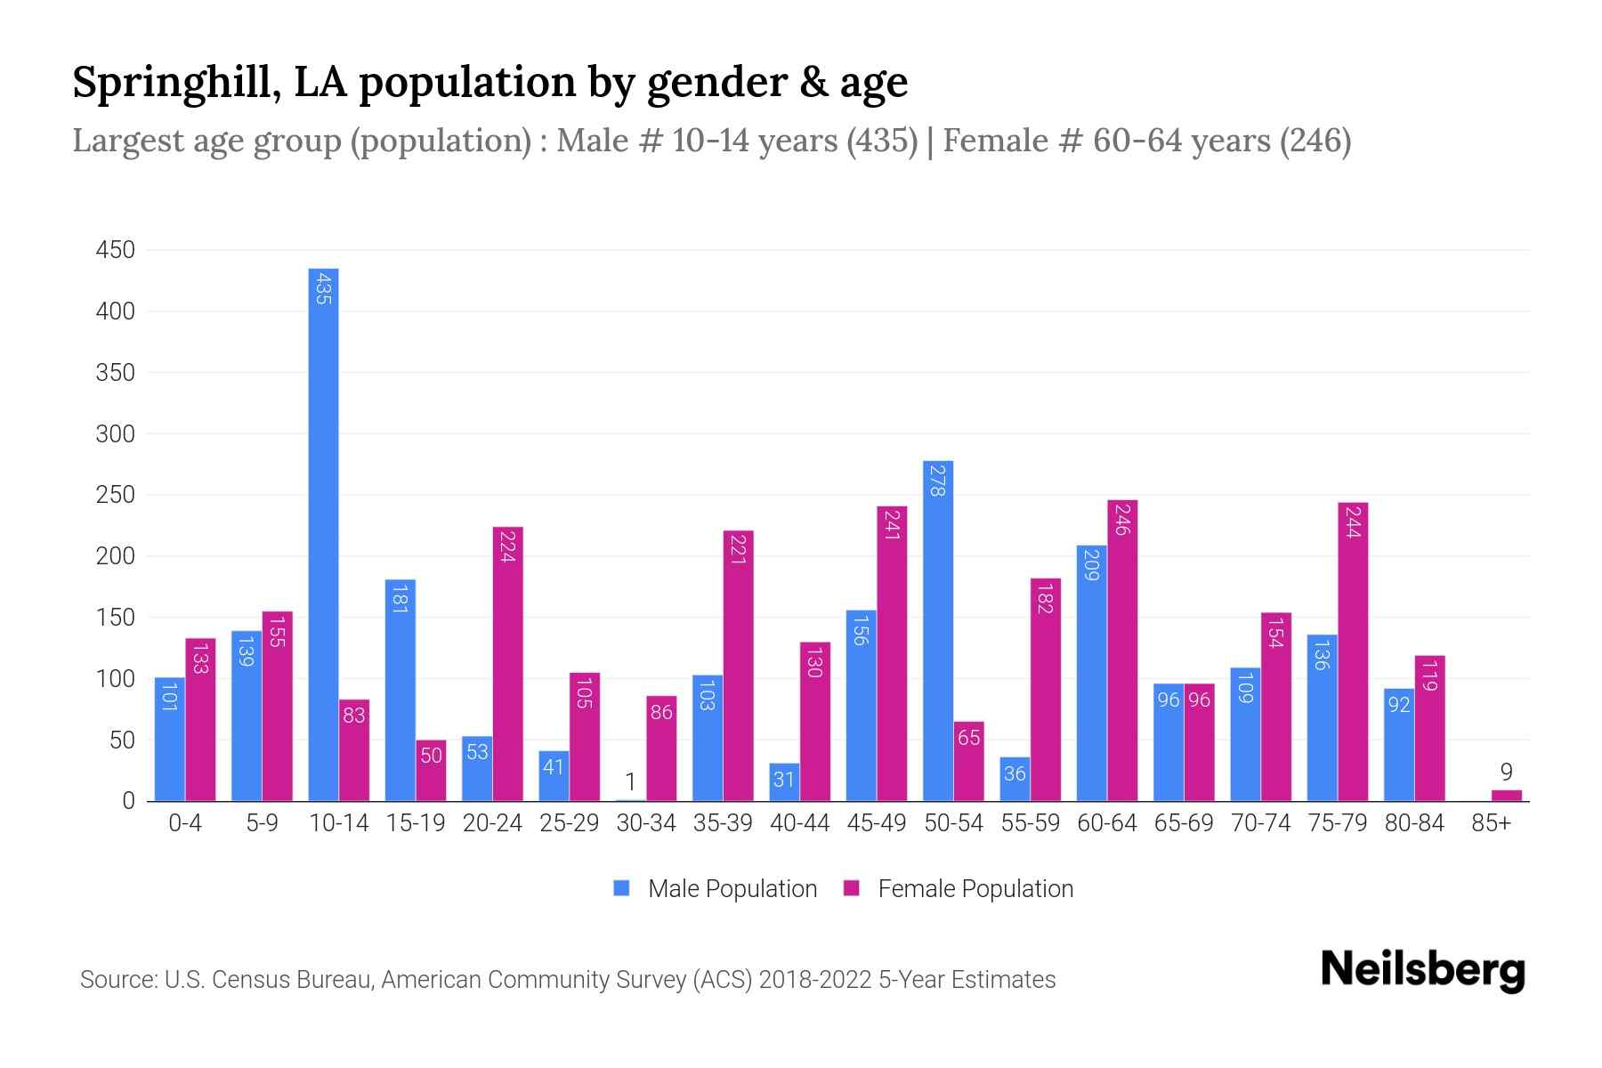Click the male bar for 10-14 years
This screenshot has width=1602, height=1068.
(323, 534)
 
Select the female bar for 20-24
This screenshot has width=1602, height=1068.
(507, 663)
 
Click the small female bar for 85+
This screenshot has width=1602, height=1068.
(1507, 796)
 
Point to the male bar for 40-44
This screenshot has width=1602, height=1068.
(784, 782)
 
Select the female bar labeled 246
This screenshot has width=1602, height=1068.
(1122, 650)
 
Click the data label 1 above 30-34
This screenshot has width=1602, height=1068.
(630, 782)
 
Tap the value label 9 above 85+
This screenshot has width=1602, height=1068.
(1506, 772)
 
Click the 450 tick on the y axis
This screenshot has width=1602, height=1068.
(116, 250)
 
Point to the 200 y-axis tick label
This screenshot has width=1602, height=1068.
(116, 556)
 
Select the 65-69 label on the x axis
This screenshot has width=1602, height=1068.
(1184, 823)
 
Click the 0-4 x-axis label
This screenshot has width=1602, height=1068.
(185, 823)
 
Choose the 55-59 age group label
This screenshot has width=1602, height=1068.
(1030, 823)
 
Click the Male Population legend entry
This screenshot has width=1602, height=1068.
(732, 889)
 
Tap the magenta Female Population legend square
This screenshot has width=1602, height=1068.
(852, 888)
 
